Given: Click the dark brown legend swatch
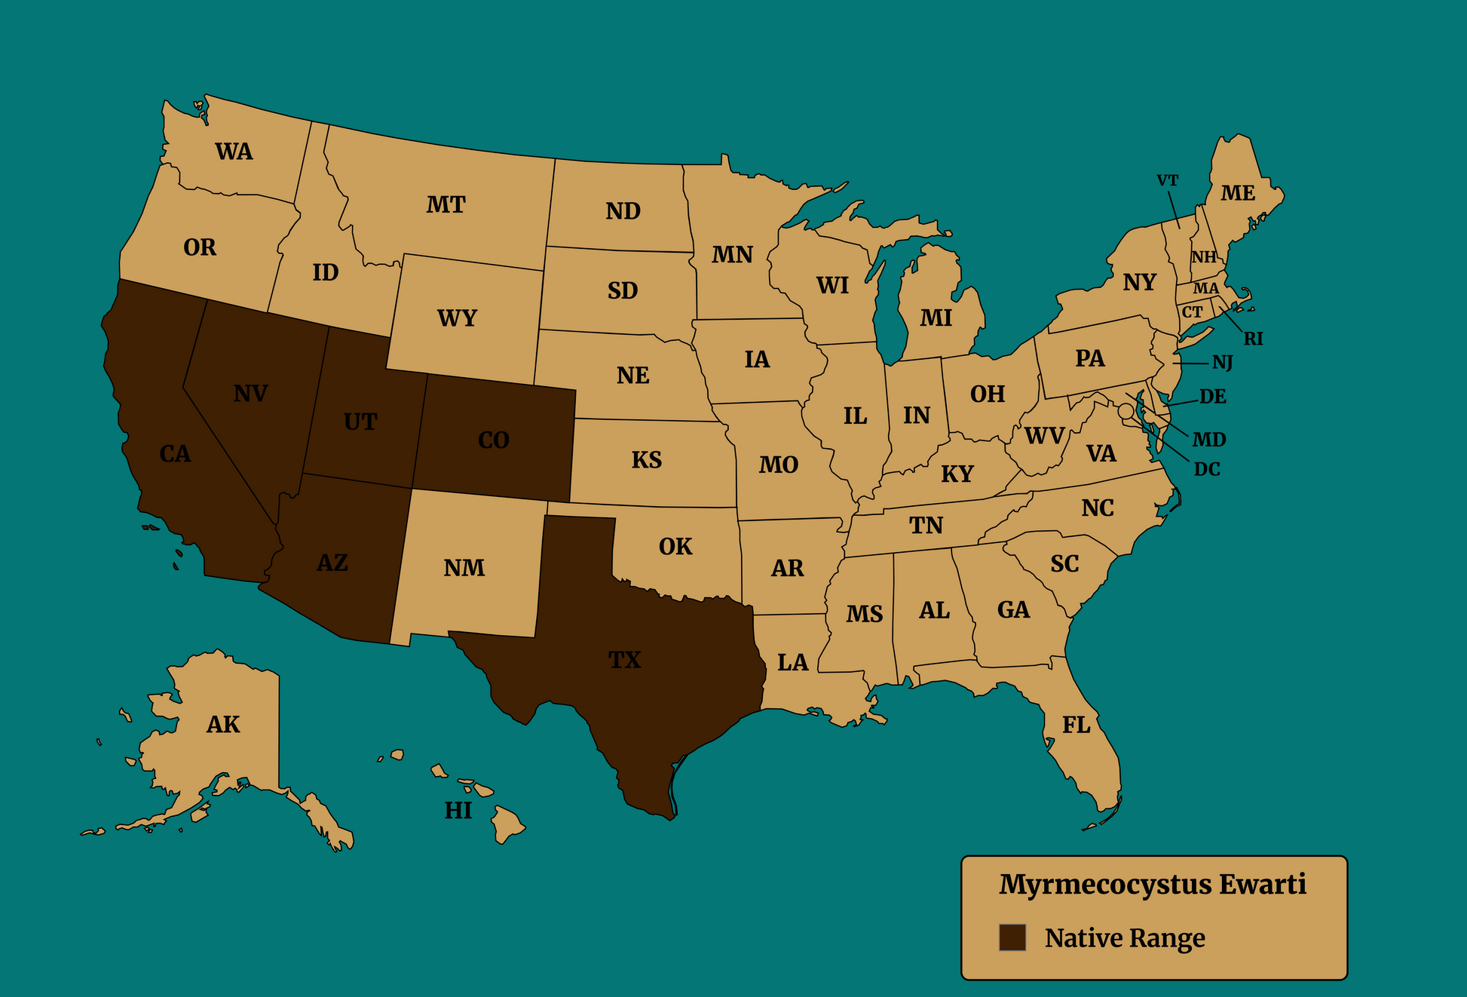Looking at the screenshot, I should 1012,937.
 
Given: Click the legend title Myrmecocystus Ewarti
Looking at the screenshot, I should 1153,885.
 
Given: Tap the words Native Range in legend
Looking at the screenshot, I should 1125,938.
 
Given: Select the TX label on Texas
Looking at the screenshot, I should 624,661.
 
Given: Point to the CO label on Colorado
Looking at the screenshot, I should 494,440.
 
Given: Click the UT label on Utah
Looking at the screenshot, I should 360,422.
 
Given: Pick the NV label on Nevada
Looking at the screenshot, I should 250,394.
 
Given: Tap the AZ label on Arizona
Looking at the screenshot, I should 332,563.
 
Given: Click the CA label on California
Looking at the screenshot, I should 175,454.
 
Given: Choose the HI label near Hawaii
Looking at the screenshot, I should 458,811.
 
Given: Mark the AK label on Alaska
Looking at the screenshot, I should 223,725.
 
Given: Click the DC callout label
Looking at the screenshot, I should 1207,470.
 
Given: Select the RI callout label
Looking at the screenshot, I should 1253,339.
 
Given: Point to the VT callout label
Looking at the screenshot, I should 1167,181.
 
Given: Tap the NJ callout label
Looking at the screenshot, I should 1223,364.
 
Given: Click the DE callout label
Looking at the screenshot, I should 1213,397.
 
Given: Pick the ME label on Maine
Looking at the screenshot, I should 1238,194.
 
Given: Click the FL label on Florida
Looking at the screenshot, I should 1076,726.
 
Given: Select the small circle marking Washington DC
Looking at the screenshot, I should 1126,411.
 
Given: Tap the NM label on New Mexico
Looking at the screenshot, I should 464,568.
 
